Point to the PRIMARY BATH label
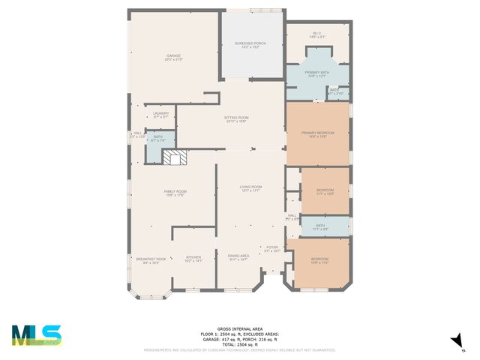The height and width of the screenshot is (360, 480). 317,73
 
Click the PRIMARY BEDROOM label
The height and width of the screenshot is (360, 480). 317,134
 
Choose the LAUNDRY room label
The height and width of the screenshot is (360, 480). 160,115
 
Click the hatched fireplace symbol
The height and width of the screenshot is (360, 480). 177,158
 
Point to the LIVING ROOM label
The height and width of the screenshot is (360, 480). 250,188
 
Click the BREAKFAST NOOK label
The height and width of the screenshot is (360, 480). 146,260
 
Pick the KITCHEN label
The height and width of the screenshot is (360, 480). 193,259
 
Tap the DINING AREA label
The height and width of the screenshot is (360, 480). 238,259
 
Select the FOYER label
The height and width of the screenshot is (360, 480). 271,248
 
